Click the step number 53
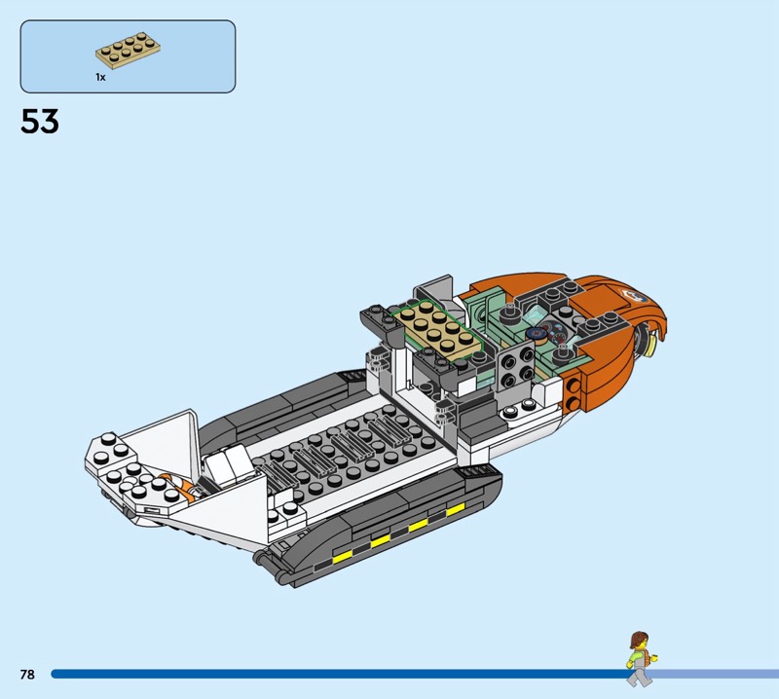(40, 122)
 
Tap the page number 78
(27, 674)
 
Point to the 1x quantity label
(101, 77)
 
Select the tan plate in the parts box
(129, 51)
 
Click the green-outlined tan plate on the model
(436, 328)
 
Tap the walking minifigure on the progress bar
(641, 659)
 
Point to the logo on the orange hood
(634, 296)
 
